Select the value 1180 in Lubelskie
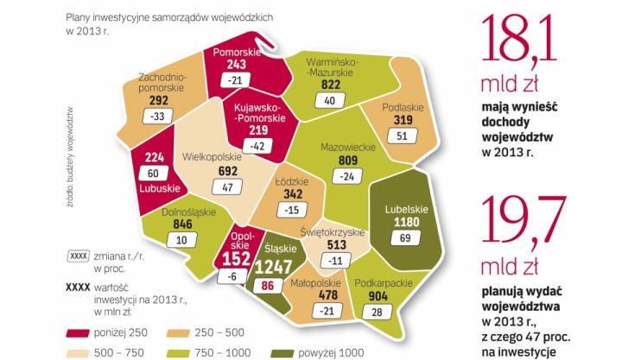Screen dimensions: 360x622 click(x=402, y=221)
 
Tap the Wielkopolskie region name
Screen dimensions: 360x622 click(x=212, y=158)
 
